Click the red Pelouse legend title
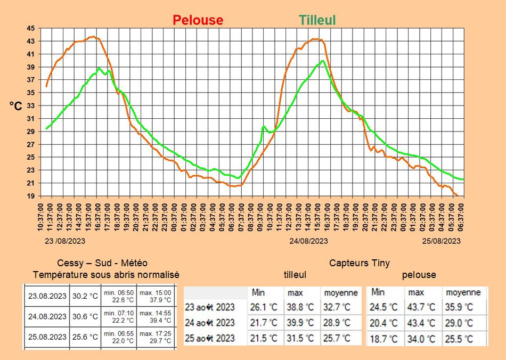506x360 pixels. click(198, 20)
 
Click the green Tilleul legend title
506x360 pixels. click(317, 20)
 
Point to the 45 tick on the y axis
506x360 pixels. click(31, 28)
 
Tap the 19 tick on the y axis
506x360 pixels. click(31, 196)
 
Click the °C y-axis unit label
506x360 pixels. click(16, 107)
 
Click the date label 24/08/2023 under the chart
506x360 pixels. click(308, 241)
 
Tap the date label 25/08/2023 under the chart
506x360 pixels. click(442, 241)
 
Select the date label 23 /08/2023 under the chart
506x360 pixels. click(64, 241)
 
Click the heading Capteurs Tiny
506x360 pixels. click(360, 263)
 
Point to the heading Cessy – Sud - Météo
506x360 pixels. click(102, 263)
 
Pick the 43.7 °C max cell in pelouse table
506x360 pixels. click(421, 307)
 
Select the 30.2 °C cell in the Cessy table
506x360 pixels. click(85, 296)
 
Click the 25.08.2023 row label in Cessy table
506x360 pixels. click(47, 337)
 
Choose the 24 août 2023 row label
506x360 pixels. click(210, 323)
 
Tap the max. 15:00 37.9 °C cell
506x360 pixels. click(156, 296)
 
